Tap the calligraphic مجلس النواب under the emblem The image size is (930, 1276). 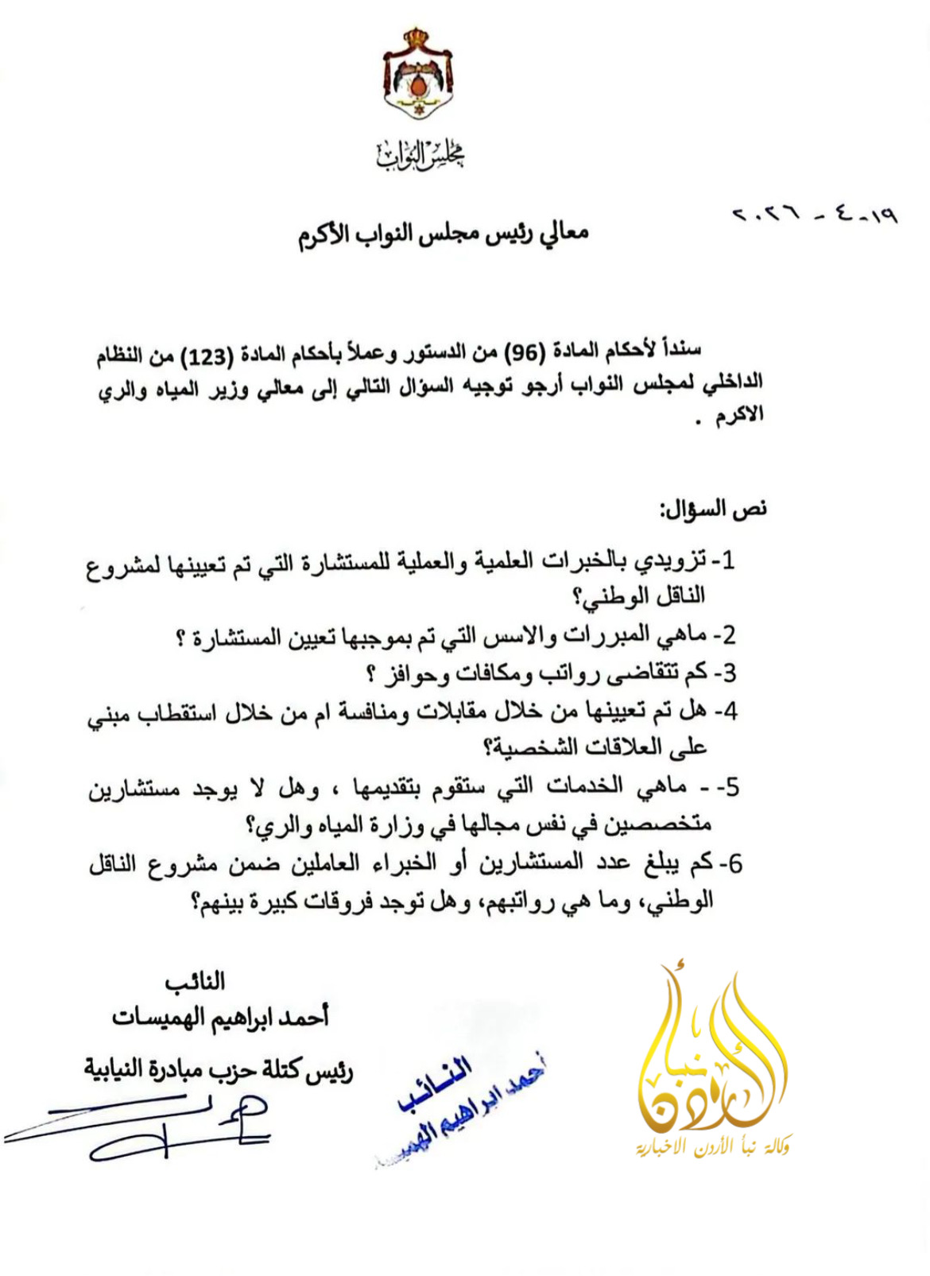pos(420,154)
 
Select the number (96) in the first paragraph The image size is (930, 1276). pos(528,351)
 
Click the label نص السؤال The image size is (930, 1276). pos(712,509)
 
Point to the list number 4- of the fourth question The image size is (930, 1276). pos(725,711)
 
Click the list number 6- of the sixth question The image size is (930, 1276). pos(730,863)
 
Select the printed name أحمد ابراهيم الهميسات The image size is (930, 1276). pos(221,1017)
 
